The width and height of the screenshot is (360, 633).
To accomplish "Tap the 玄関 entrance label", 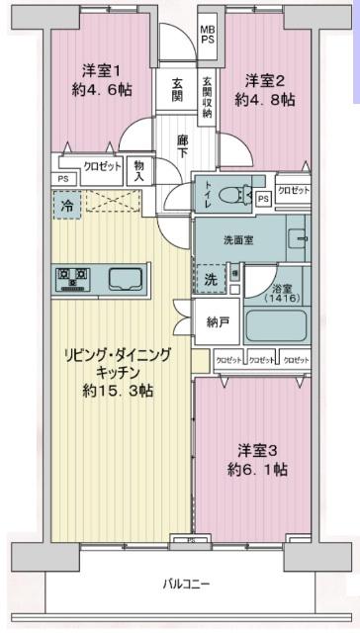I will [177, 90].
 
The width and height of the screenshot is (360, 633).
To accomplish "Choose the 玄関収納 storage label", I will [209, 97].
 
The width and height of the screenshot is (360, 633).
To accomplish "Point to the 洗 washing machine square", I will [209, 279].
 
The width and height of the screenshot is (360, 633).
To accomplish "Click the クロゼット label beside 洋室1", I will [102, 167].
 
